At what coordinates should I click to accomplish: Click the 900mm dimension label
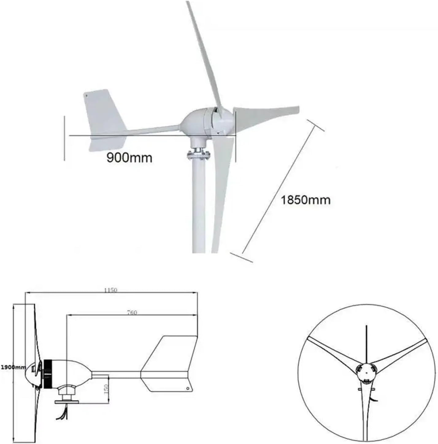click(x=129, y=158)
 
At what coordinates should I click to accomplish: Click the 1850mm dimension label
click(x=305, y=200)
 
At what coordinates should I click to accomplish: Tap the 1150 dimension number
click(x=110, y=290)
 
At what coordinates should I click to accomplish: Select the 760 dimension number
click(x=132, y=313)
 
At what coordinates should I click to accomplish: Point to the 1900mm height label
click(x=13, y=367)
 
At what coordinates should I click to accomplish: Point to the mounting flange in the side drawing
click(x=67, y=402)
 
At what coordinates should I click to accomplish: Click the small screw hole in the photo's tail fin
click(x=86, y=96)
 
